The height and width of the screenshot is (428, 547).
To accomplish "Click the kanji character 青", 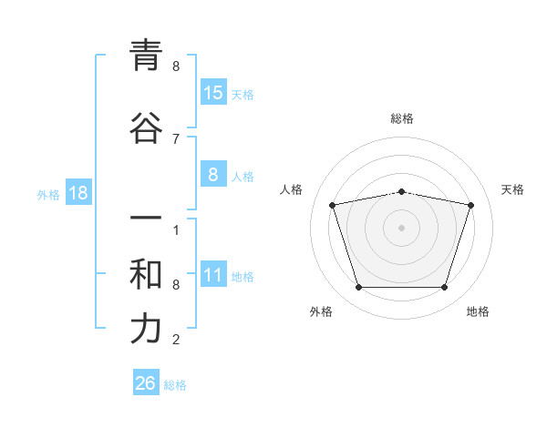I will pos(146,56).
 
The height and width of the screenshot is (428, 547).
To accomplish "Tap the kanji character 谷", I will pos(146,127).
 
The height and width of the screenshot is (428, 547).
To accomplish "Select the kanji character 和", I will pos(146,274).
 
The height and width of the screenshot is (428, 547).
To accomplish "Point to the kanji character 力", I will pos(146,329).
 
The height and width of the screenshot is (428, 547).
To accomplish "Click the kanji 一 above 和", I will pos(146,219).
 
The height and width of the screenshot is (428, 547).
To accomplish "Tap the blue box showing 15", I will pos(213,93).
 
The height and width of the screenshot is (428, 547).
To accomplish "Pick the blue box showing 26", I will pos(146,383).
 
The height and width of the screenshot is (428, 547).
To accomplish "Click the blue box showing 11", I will pos(213,275).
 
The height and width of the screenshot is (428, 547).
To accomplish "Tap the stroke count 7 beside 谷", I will pos(176,138).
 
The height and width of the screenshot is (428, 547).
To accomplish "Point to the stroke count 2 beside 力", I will pos(176,340).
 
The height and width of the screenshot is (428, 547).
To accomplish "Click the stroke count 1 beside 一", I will pos(176,230).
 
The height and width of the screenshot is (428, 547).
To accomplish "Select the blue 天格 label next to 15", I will pos(243,95).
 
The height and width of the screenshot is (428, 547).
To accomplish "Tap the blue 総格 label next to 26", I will pos(175,385).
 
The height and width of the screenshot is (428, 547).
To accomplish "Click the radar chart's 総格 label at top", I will pos(401,118).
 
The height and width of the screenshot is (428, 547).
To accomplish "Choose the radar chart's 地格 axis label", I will pos(478,311).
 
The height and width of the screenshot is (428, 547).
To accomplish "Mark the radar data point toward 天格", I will pos(470,205).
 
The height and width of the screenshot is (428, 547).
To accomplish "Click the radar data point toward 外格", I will pos(358,288).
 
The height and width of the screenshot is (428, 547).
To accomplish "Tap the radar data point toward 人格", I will pos(333,205).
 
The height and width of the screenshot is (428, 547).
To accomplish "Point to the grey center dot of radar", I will pos(401,228).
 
